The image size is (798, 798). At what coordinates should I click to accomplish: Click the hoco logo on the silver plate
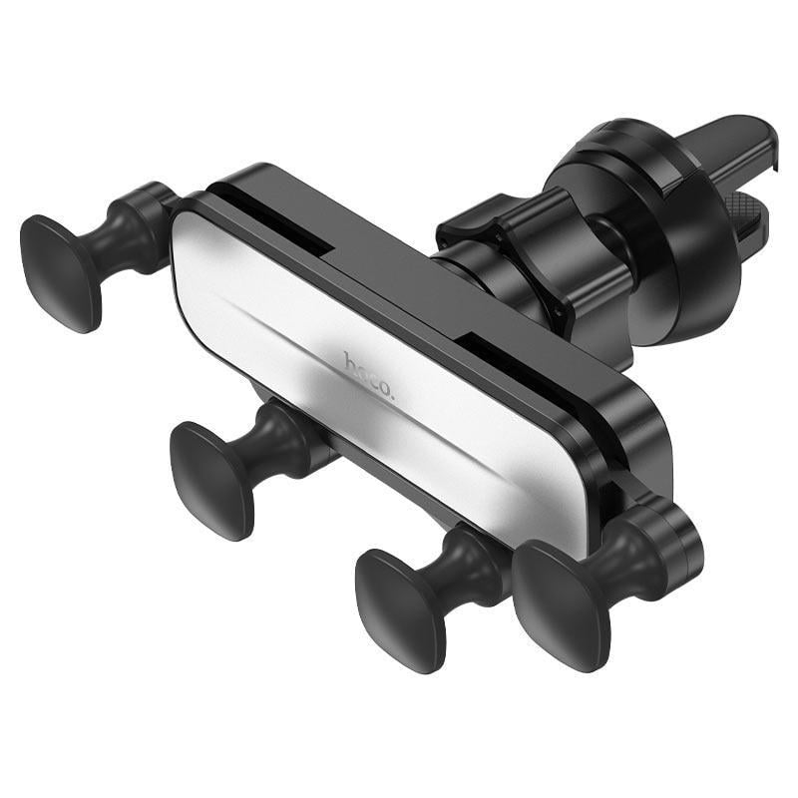370,377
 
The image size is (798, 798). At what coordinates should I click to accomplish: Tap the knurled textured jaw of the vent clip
753,214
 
